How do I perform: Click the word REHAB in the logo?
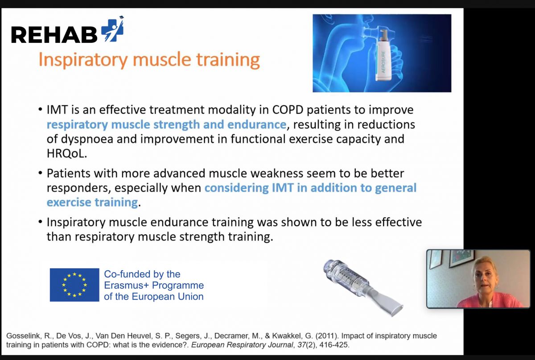click(54, 35)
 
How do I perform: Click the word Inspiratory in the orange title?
click(83, 60)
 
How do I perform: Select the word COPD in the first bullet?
click(288, 110)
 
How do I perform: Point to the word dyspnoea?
click(87, 139)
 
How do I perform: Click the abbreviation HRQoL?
click(66, 153)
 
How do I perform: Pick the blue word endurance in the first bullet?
click(257, 124)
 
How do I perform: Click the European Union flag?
click(74, 285)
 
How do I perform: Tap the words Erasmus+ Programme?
click(154, 285)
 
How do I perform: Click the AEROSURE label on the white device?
click(383, 62)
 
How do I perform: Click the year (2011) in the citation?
click(327, 336)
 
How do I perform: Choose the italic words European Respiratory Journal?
click(242, 345)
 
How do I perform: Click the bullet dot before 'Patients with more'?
click(41, 173)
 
